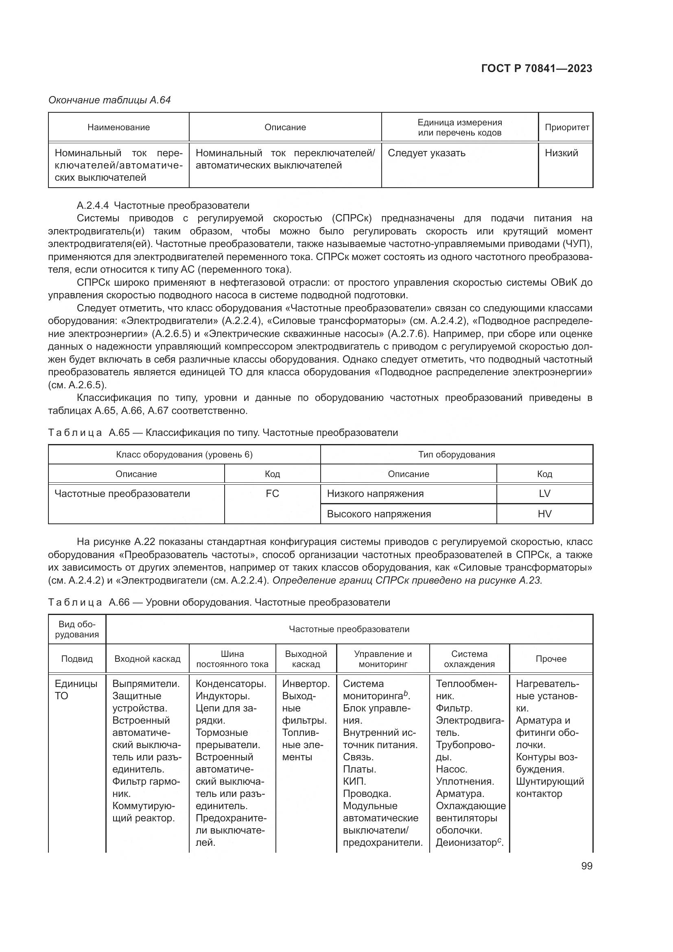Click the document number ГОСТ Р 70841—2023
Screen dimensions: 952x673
(537, 68)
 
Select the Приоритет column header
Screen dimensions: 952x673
(566, 127)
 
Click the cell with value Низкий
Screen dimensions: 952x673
(561, 153)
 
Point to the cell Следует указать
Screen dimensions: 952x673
(426, 153)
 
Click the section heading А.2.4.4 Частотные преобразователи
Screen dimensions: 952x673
(163, 205)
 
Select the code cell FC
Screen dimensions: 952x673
(272, 493)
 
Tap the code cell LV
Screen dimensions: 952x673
(544, 493)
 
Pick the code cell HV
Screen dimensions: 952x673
(544, 514)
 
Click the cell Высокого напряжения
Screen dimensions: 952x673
(379, 514)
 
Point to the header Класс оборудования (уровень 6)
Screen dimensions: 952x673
(184, 455)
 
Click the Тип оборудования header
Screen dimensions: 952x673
(456, 455)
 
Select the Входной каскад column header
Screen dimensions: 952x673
(147, 659)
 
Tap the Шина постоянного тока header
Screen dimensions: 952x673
(232, 659)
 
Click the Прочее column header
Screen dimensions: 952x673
(551, 659)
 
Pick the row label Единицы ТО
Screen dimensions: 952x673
(76, 689)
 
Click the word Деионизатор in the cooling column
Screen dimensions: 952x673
(466, 843)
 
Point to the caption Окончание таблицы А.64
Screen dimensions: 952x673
(109, 100)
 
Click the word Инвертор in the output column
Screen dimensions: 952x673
(305, 684)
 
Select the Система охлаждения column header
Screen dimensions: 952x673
(469, 659)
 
